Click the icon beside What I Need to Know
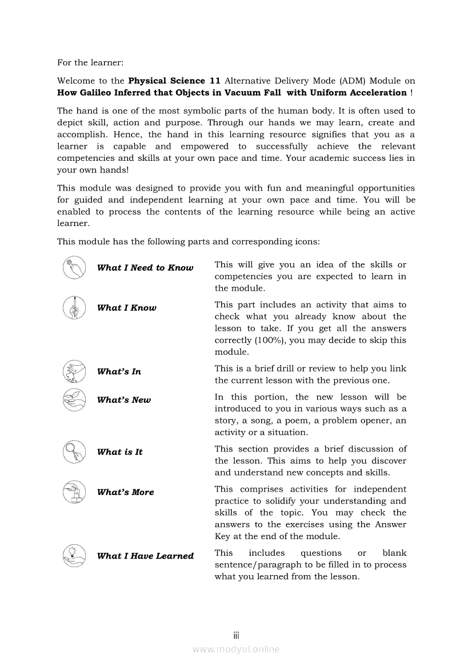click(74, 267)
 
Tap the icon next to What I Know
click(74, 307)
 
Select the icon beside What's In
click(74, 371)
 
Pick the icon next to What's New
click(74, 399)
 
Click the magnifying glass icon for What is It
click(74, 452)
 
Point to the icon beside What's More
click(74, 492)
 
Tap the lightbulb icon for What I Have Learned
click(74, 555)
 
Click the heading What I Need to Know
click(145, 268)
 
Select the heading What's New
click(124, 400)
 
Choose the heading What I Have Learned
click(145, 556)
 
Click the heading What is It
click(119, 452)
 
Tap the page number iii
click(236, 635)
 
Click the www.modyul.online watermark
click(236, 649)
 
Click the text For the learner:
click(90, 62)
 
